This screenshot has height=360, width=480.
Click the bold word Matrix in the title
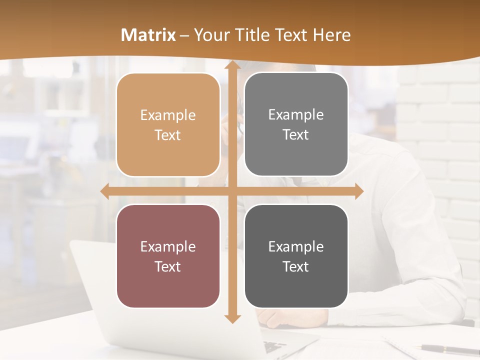[x=148, y=35]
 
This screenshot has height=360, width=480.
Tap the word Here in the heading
[x=331, y=35]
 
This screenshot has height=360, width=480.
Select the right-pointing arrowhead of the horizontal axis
[x=358, y=191]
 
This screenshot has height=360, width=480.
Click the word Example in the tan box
[x=168, y=115]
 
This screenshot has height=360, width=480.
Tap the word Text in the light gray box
[x=296, y=135]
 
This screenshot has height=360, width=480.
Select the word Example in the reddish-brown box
[x=168, y=247]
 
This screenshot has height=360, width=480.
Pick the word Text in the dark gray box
[x=296, y=267]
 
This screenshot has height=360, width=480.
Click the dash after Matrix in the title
[x=184, y=35]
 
